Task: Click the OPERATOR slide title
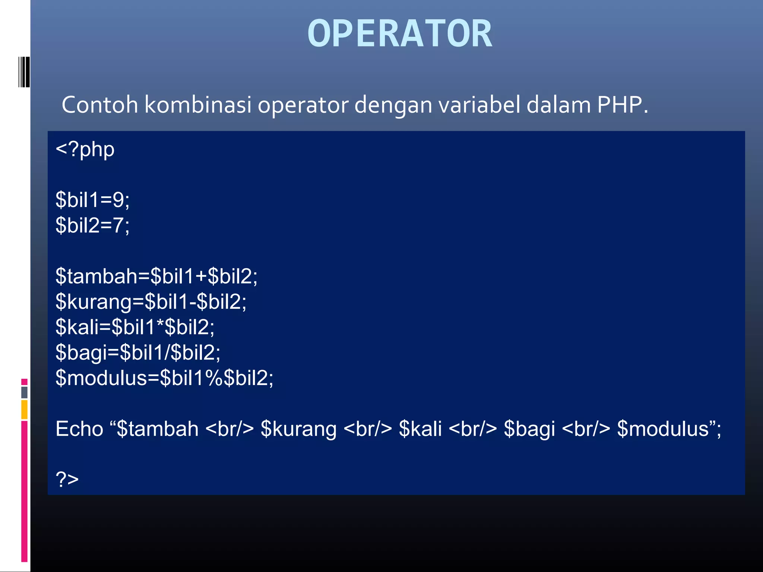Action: coord(400,34)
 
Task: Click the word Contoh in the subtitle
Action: coord(100,105)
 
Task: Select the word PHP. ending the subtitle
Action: coord(623,105)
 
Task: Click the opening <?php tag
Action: coord(85,150)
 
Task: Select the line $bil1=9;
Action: coord(92,200)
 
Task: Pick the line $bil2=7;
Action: coord(92,225)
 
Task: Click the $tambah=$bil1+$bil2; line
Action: coord(156,276)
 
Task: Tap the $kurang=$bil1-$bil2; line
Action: coord(151,302)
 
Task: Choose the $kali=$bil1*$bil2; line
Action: coord(135,327)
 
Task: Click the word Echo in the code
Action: coord(79,429)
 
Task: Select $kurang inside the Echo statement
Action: coord(298,429)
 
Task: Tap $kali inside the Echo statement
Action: coord(420,429)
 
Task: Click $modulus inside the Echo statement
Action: coord(663,429)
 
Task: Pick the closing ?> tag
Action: coord(67,479)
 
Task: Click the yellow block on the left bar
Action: coord(24,409)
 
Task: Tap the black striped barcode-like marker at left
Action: coord(24,72)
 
